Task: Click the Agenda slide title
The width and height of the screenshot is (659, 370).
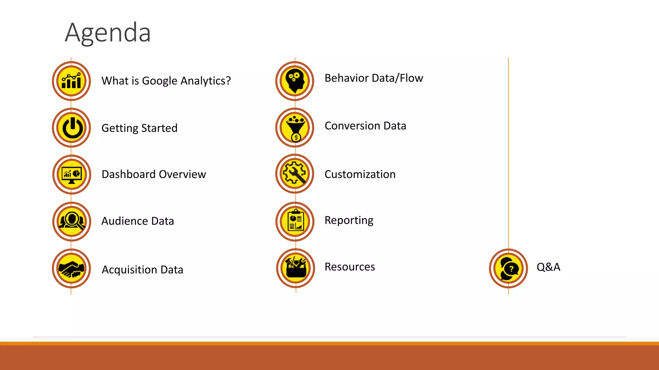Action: click(108, 33)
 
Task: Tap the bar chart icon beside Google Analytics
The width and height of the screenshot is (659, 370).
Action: click(71, 81)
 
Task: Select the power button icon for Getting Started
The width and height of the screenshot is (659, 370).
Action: click(71, 128)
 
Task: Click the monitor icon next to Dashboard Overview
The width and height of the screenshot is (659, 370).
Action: click(71, 175)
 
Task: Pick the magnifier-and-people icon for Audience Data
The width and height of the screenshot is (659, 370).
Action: click(71, 221)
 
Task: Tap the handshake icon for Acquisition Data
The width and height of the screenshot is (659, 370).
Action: click(71, 268)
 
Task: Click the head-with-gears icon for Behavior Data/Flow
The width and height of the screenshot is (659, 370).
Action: click(295, 81)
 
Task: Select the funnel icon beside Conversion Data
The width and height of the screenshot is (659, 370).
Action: click(295, 128)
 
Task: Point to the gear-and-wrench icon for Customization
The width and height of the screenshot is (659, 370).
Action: click(295, 174)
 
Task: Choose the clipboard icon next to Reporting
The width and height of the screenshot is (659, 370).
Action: click(295, 221)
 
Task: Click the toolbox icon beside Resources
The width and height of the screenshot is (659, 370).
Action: click(295, 268)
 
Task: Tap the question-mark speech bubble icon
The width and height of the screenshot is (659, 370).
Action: click(508, 268)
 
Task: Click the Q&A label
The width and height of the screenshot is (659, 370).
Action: click(548, 267)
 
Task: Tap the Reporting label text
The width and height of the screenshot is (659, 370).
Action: click(349, 221)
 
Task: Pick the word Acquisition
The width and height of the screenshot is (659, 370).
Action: click(129, 270)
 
